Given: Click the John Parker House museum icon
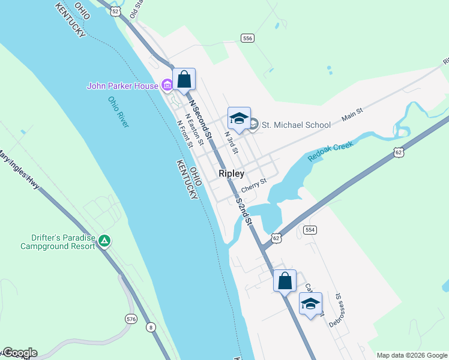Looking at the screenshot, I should [x=167, y=86].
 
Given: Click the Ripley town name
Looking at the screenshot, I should [x=231, y=173].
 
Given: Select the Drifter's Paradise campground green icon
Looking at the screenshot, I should [x=105, y=241].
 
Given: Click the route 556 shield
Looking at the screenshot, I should [x=247, y=38].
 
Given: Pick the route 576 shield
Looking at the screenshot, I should [x=131, y=318].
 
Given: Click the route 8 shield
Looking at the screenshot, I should [x=150, y=326].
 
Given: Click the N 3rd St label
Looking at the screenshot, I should [x=232, y=142].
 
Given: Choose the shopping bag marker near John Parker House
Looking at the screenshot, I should [x=184, y=79].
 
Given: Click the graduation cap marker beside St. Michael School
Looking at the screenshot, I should [x=238, y=118].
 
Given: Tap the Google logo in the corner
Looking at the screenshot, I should [x=19, y=353].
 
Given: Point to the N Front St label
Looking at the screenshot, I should [x=184, y=134].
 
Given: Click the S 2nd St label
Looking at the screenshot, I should [x=245, y=211].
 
